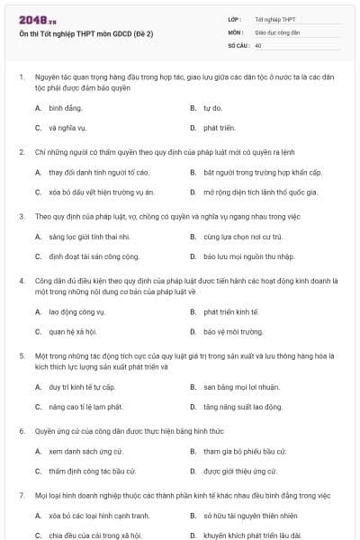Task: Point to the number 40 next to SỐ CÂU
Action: click(258, 44)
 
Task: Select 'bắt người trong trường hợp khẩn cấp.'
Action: click(262, 172)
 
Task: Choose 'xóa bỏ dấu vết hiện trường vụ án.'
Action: click(102, 192)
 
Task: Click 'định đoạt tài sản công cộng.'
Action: click(94, 256)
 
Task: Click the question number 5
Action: click(21, 355)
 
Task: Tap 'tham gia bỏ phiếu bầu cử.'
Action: click(245, 451)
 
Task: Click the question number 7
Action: click(21, 495)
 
